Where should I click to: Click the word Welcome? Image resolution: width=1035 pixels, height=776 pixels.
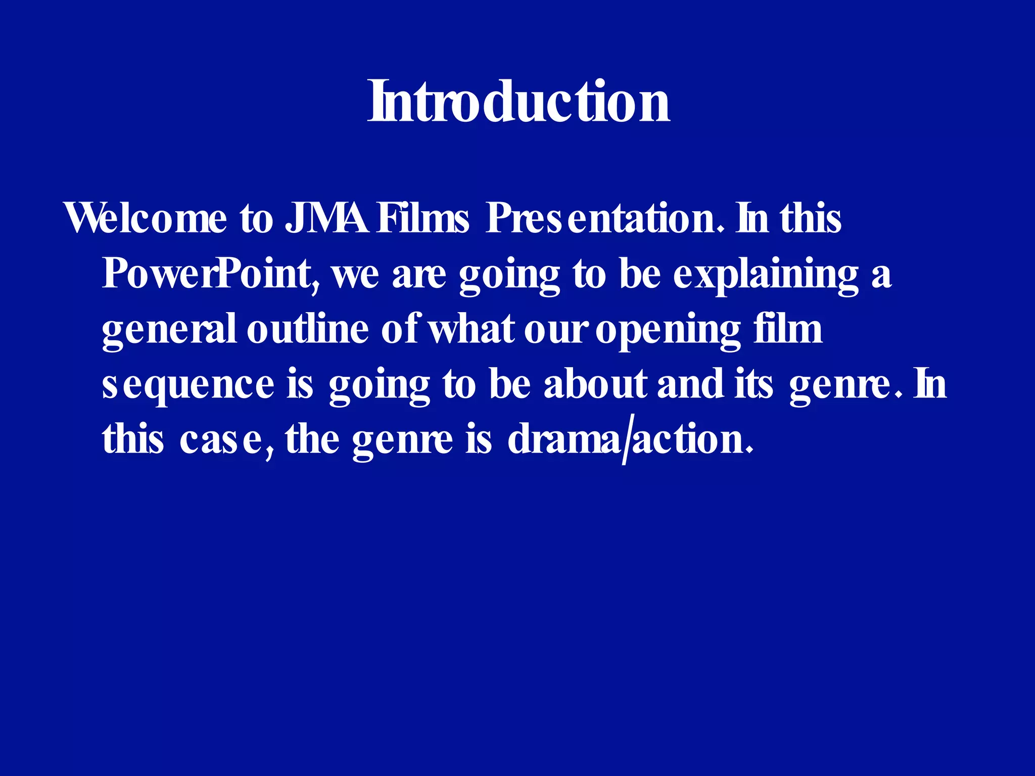pos(146,218)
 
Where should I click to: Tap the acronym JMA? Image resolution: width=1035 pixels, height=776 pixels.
pos(326,218)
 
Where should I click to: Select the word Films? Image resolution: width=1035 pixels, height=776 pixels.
pos(424,218)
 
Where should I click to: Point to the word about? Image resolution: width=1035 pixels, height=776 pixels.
pos(595,383)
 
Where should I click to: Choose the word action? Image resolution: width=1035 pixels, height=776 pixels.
pos(689,439)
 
